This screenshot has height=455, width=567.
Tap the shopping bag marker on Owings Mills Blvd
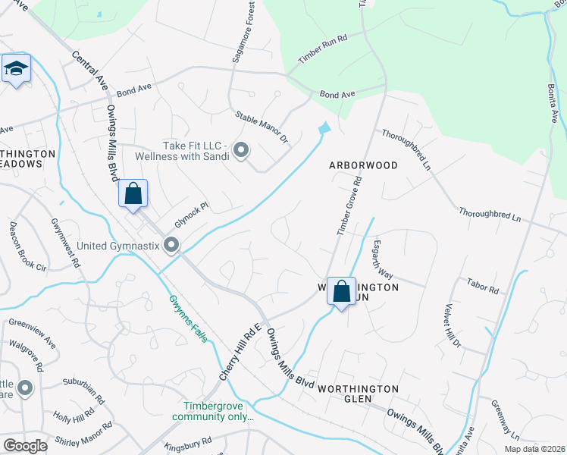pyautogui.click(x=133, y=193)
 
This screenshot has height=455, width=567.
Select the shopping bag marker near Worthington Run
pyautogui.click(x=342, y=290)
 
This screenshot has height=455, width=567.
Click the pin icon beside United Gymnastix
pyautogui.click(x=171, y=244)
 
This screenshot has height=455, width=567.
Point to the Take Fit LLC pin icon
pyautogui.click(x=242, y=150)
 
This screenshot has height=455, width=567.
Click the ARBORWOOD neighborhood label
pyautogui.click(x=363, y=165)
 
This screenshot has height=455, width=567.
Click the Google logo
pyautogui.click(x=25, y=446)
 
